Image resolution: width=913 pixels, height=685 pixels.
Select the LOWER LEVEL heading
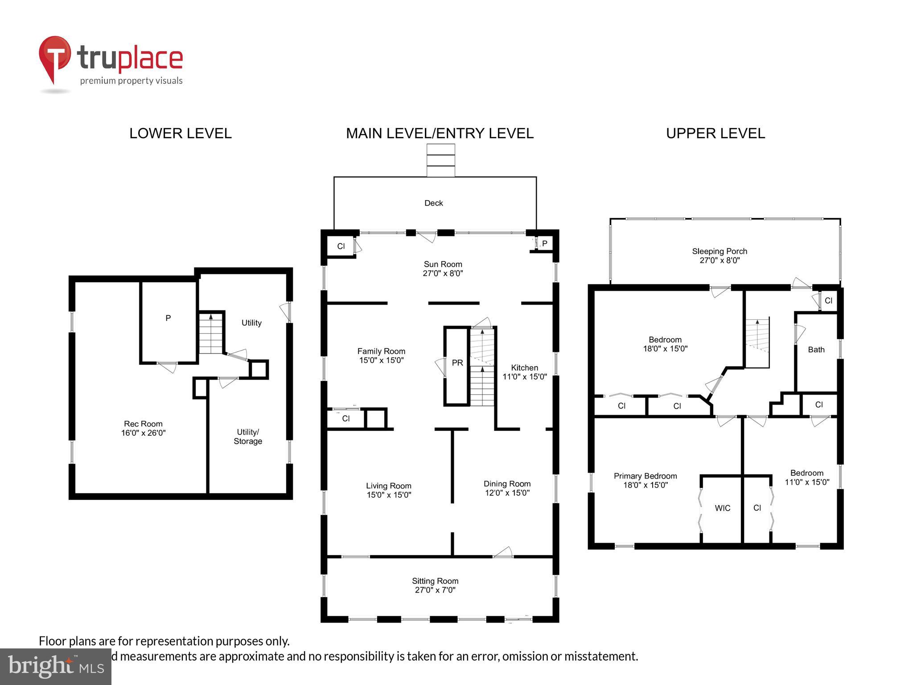point(180,133)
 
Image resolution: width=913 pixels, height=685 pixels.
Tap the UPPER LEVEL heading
point(715,133)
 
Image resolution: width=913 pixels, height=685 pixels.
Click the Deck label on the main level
point(433,203)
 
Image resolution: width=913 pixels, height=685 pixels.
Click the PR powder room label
point(457,363)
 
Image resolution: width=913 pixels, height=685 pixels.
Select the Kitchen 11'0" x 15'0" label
point(524,372)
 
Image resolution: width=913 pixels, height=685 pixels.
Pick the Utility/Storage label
point(248,437)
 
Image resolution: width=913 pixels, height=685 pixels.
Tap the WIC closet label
point(722,508)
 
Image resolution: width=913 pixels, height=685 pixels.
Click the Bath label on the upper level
point(816,350)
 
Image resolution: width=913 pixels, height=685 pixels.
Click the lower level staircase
point(210,334)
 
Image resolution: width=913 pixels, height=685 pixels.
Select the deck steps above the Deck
point(440,161)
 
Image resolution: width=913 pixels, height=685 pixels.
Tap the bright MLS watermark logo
point(55,666)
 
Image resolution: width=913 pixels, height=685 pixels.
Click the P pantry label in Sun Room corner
point(544,243)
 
